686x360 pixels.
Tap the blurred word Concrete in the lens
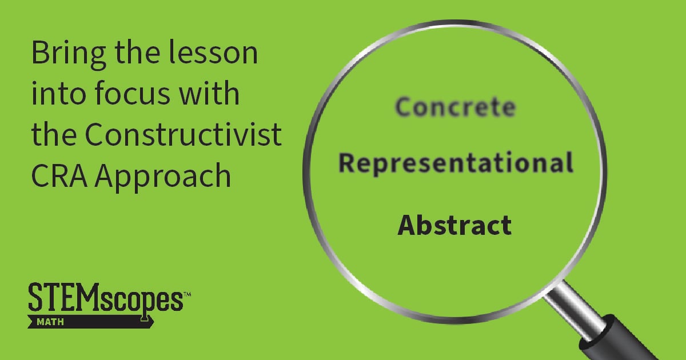click(455, 107)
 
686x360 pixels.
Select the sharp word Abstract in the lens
click(454, 225)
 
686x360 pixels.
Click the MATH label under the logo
click(49, 322)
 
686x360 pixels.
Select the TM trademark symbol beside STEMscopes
click(186, 294)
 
